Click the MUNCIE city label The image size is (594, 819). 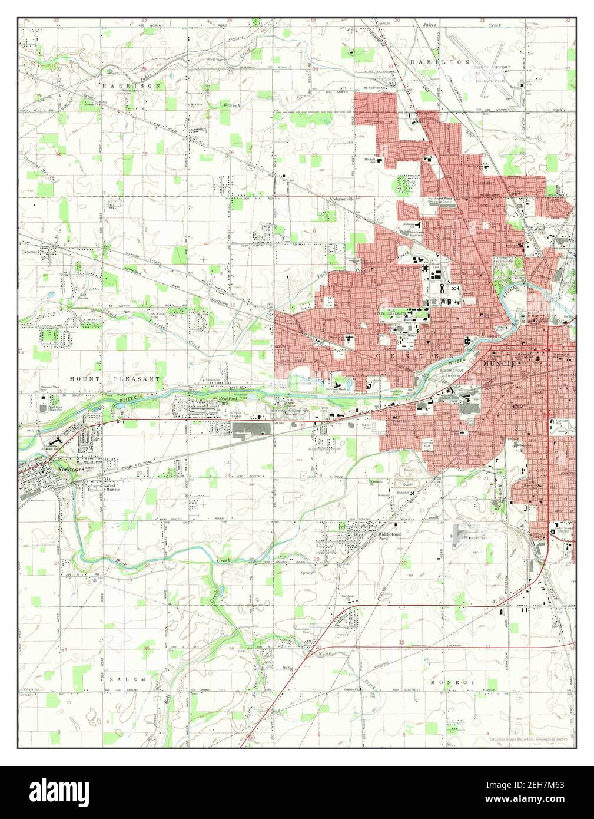click(x=500, y=364)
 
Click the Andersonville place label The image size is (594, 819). click(x=342, y=199)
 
